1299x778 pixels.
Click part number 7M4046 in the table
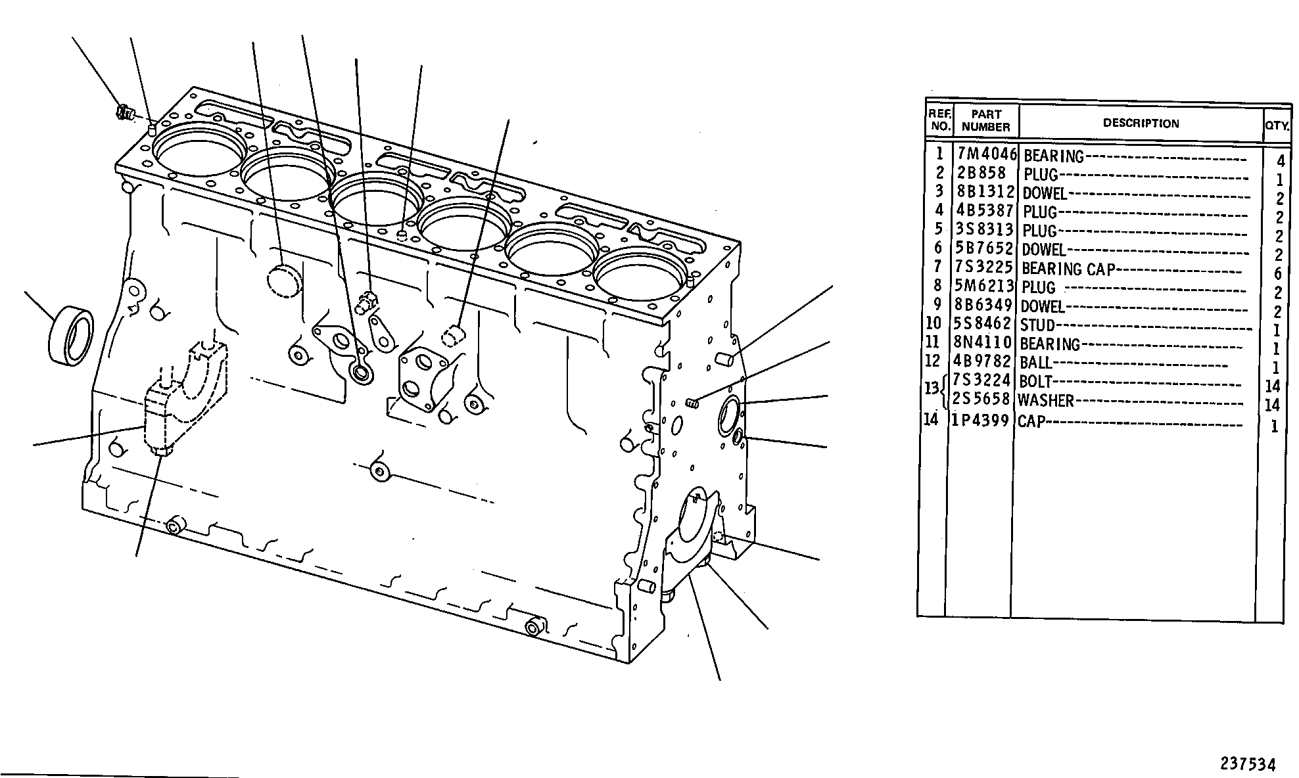pyautogui.click(x=986, y=154)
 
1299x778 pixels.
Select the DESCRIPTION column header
pyautogui.click(x=1141, y=124)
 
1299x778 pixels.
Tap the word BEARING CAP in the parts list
pyautogui.click(x=1068, y=269)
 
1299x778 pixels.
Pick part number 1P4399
pyautogui.click(x=980, y=420)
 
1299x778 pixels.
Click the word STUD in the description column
pyautogui.click(x=1037, y=325)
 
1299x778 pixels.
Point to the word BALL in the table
pyautogui.click(x=1036, y=363)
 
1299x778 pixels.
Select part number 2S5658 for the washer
pyautogui.click(x=981, y=399)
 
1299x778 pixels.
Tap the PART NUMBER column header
pyautogui.click(x=985, y=121)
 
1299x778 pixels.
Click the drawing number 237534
pyautogui.click(x=1248, y=764)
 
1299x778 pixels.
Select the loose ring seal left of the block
pyautogui.click(x=71, y=334)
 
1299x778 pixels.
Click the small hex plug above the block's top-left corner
pyautogui.click(x=124, y=114)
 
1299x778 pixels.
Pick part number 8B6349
pyautogui.click(x=983, y=306)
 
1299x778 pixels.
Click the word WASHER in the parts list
pyautogui.click(x=1045, y=400)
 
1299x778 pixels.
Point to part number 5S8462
pyautogui.click(x=982, y=324)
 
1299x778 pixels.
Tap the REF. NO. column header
pyautogui.click(x=939, y=119)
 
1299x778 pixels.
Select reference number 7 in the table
pyautogui.click(x=938, y=267)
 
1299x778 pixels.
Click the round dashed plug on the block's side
pyautogui.click(x=283, y=281)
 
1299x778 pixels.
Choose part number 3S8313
pyautogui.click(x=984, y=229)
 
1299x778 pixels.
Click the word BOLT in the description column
pyautogui.click(x=1035, y=381)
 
